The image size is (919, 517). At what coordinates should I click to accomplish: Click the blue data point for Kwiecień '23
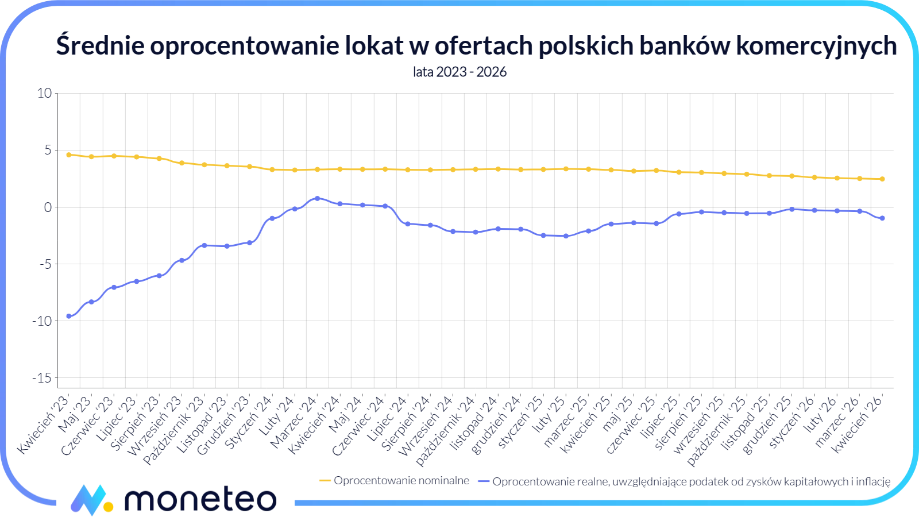pyautogui.click(x=69, y=316)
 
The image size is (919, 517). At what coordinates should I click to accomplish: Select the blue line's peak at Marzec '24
pyautogui.click(x=317, y=198)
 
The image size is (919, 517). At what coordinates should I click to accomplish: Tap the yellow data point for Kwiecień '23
pyautogui.click(x=69, y=155)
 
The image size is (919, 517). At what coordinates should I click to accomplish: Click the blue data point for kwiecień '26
pyautogui.click(x=882, y=218)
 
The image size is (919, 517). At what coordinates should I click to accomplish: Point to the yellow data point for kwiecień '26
pyautogui.click(x=882, y=179)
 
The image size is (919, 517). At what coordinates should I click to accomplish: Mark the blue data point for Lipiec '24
pyautogui.click(x=408, y=224)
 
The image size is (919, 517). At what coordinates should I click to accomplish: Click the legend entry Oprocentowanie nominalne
pyautogui.click(x=401, y=481)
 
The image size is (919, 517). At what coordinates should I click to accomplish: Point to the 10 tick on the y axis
pyautogui.click(x=44, y=93)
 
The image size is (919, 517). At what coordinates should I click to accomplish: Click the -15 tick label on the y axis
pyautogui.click(x=42, y=378)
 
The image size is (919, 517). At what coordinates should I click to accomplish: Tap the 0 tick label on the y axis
pyautogui.click(x=48, y=207)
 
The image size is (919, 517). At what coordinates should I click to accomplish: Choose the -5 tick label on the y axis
pyautogui.click(x=45, y=264)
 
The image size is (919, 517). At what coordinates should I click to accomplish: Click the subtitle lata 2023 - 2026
pyautogui.click(x=459, y=72)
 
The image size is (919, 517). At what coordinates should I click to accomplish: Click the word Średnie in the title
pyautogui.click(x=100, y=46)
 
